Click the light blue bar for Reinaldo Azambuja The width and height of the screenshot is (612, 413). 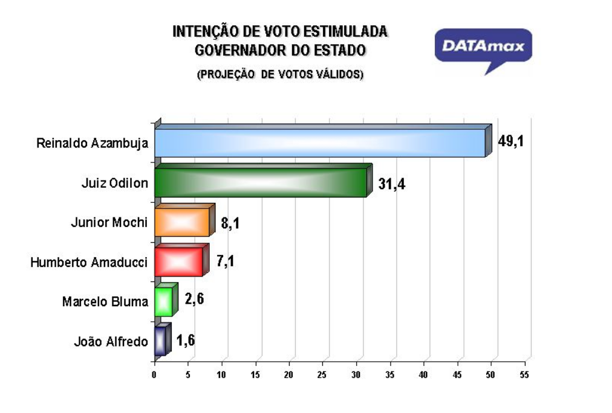click(x=323, y=141)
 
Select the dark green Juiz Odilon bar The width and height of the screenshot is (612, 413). click(x=264, y=181)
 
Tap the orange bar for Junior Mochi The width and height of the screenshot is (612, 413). click(x=185, y=220)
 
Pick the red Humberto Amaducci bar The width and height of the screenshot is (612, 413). click(x=182, y=260)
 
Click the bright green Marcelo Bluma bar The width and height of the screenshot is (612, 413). click(x=166, y=299)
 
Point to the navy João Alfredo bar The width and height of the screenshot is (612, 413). click(x=163, y=339)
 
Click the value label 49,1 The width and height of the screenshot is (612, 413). click(x=511, y=141)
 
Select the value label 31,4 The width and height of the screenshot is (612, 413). click(x=391, y=184)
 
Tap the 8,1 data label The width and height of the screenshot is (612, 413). click(x=230, y=223)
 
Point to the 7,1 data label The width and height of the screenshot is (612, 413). click(x=226, y=261)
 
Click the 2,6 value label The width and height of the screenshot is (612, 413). click(x=194, y=299)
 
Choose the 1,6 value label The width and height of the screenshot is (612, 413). click(x=186, y=340)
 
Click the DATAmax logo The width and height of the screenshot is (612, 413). click(x=483, y=51)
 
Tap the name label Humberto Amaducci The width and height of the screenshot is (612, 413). click(x=89, y=262)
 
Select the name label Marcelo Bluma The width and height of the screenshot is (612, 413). click(x=105, y=301)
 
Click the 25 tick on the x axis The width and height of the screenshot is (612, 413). click(x=322, y=375)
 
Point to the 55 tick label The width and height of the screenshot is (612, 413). click(x=524, y=375)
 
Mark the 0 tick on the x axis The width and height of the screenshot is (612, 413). click(x=154, y=375)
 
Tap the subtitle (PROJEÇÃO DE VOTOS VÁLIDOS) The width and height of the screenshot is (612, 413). click(x=280, y=74)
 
